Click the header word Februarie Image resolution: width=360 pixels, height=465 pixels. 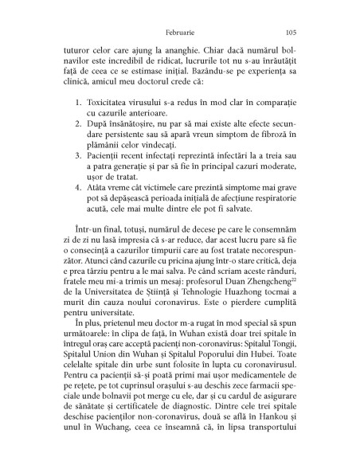tap(178, 22)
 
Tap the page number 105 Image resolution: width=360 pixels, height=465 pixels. tap(290, 22)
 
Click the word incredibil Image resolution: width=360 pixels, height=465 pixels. tap(135, 60)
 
